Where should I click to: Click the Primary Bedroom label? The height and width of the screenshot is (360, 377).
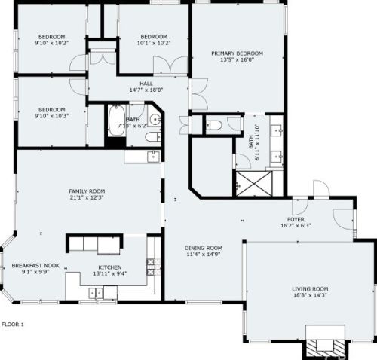pos(237,53)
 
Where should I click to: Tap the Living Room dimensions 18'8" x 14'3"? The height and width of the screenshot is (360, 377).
pos(310,295)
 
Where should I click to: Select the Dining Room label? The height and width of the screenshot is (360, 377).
pos(204,248)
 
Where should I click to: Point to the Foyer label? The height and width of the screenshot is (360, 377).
pos(296,219)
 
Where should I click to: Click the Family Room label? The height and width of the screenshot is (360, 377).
pos(87,191)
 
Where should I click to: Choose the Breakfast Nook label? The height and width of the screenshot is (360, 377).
pos(35,266)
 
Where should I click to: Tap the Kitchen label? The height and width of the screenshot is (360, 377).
pos(110,267)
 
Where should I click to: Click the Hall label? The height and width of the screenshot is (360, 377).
pos(146,84)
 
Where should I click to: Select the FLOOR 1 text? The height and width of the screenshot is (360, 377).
pos(13,325)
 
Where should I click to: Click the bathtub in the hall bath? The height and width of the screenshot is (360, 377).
pos(117,121)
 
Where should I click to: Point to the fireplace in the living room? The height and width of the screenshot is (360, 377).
pos(325,344)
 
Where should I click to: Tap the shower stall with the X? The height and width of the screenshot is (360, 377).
pos(254,184)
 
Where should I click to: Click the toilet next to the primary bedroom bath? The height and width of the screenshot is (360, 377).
pos(213,125)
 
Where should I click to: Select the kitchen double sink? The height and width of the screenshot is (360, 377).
pos(96,293)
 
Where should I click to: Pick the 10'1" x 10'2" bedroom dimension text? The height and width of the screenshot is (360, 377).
pos(154,43)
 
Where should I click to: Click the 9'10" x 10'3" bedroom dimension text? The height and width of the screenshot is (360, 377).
pos(51,116)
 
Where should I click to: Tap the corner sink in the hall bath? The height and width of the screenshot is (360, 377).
pos(155,119)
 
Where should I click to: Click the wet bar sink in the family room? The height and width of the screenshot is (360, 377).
pos(153,156)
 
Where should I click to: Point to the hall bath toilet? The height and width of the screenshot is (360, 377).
pos(153,136)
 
